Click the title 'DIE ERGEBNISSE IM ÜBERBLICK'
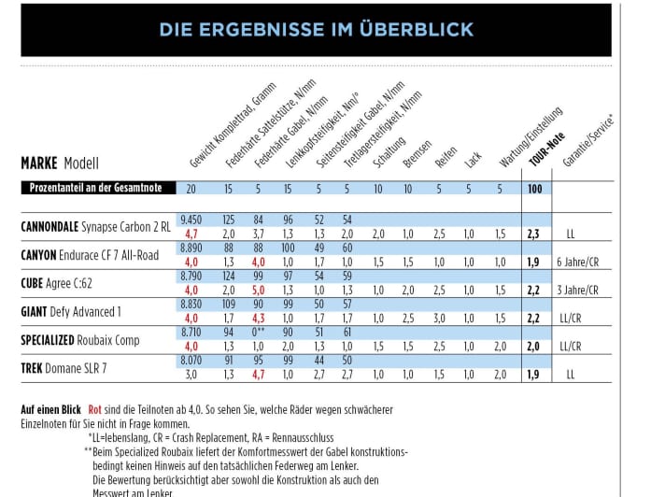(316, 29)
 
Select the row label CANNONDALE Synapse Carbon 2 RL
(95, 226)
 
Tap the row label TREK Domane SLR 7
(64, 368)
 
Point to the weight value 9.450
(191, 219)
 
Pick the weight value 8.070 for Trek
(191, 361)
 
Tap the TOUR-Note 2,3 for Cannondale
(533, 234)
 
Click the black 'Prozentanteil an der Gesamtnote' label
(94, 189)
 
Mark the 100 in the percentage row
(534, 190)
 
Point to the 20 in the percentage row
(191, 190)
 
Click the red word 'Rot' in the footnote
(94, 410)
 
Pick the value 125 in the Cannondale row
(229, 219)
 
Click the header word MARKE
(39, 163)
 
